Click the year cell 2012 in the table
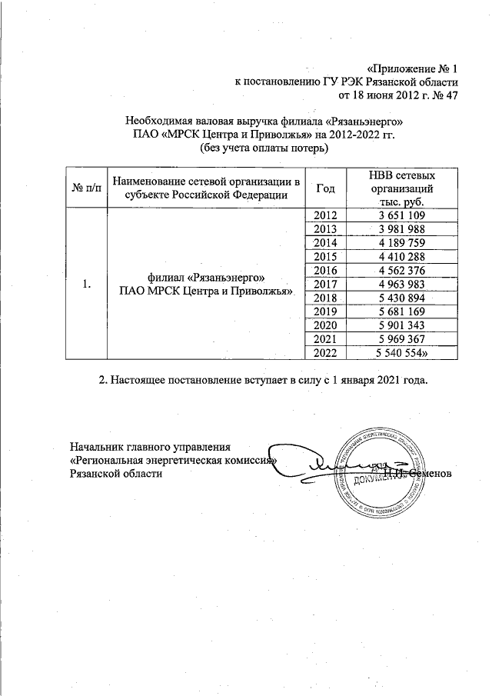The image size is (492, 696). tap(326, 217)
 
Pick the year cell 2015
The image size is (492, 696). tap(326, 257)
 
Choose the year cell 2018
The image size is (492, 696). tap(326, 298)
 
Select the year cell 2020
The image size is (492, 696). tap(326, 325)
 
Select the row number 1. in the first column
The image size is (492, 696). tap(85, 285)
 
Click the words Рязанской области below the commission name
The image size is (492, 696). tap(116, 475)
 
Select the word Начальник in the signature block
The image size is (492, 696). tap(96, 447)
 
